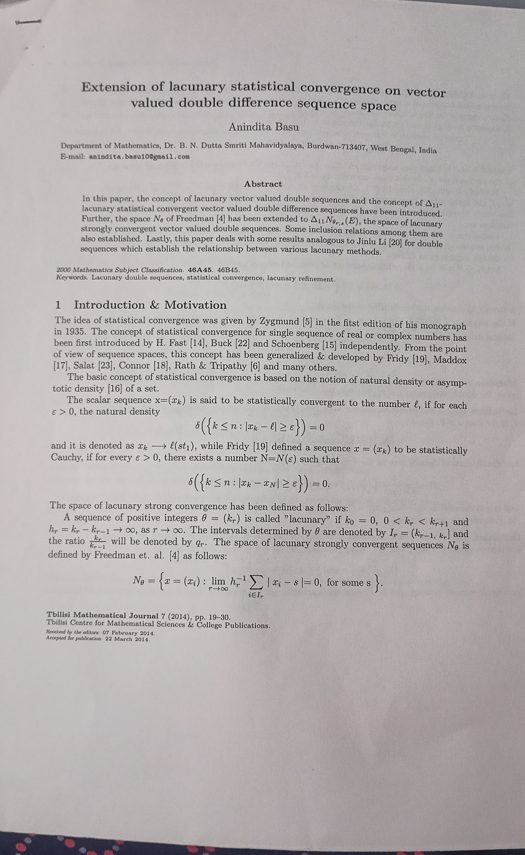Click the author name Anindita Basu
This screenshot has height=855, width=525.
point(263,127)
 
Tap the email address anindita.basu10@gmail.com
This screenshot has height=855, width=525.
point(139,157)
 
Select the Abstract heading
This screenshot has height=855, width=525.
point(263,184)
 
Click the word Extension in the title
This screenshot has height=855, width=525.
point(113,87)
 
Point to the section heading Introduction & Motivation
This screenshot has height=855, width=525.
point(150,305)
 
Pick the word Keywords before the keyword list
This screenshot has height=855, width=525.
point(72,278)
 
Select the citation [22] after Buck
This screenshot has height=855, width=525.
point(243,344)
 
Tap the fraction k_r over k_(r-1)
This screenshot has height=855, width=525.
point(97,542)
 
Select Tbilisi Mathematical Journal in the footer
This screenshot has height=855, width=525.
point(102,616)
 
